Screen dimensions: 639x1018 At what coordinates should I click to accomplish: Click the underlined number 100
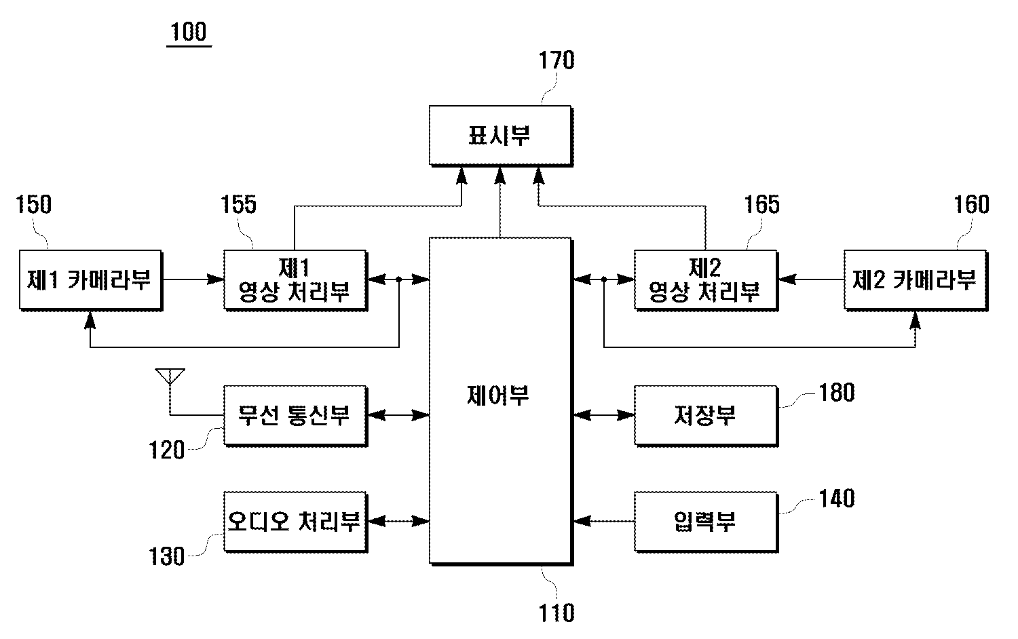pos(189,32)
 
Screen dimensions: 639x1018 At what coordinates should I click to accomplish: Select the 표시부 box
pos(499,135)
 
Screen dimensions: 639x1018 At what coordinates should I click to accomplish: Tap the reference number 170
pos(557,60)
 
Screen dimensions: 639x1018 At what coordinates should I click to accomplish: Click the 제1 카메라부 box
pos(90,279)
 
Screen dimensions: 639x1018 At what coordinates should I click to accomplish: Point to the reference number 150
pos(33,204)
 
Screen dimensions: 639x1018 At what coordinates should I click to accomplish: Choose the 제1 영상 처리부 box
pos(295,279)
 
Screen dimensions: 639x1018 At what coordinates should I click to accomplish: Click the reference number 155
pos(239,204)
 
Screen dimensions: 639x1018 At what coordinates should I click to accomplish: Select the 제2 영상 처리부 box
pos(705,279)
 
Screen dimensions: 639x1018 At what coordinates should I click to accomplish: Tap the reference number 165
pos(762,204)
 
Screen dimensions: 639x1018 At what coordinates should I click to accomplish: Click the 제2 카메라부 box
pos(915,279)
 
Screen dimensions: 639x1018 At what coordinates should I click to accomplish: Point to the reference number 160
pos(972,204)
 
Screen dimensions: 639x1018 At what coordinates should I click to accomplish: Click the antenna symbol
pos(170,377)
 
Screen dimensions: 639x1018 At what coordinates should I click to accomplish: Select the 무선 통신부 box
pos(295,414)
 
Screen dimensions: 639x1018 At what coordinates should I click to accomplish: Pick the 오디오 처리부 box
pos(295,521)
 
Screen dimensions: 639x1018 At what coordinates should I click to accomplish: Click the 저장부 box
pos(705,414)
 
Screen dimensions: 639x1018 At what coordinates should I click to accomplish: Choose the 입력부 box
pos(705,521)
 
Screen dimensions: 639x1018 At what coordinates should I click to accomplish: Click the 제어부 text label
pos(499,395)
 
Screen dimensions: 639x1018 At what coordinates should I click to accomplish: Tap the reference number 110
pos(557,613)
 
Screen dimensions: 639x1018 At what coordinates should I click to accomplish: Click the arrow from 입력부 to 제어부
pos(603,521)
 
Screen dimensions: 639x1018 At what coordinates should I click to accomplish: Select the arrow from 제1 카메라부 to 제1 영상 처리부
pos(193,279)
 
